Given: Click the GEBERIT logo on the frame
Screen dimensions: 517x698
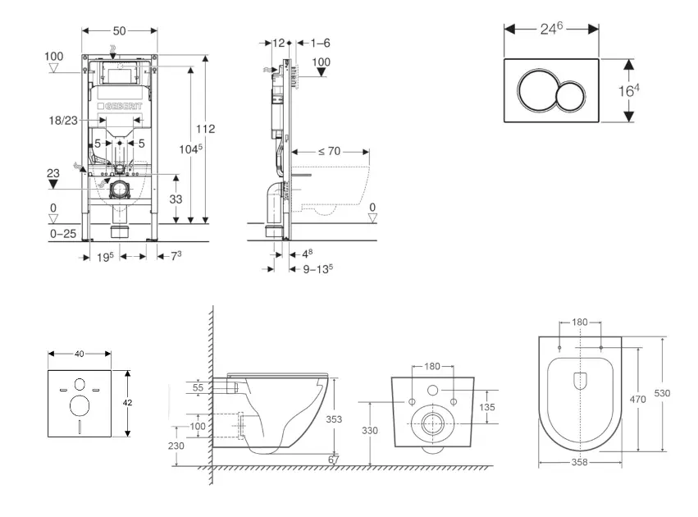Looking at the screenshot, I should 120,107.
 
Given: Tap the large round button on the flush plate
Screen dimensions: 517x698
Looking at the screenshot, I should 536,90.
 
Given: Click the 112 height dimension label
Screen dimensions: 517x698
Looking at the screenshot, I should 205,128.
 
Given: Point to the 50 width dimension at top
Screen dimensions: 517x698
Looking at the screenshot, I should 119,30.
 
